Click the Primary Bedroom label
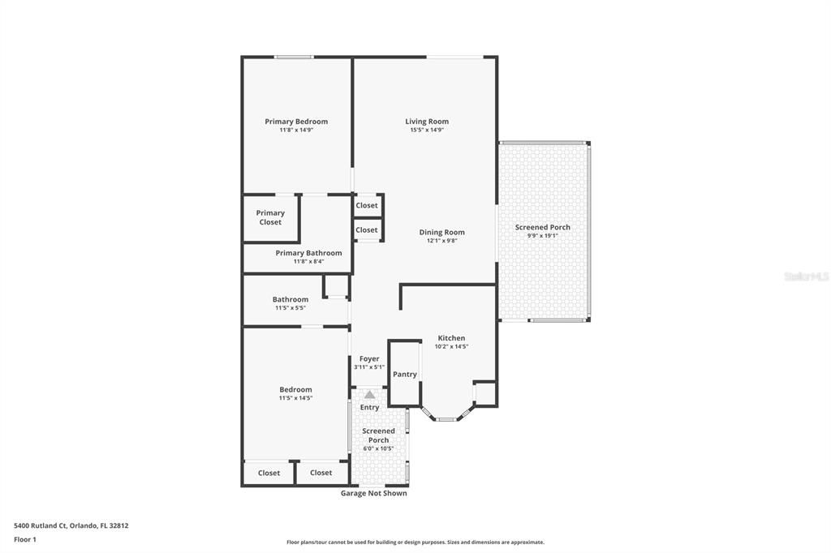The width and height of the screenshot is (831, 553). (x=296, y=122)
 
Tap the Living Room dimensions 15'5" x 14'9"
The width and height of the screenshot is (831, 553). (x=427, y=130)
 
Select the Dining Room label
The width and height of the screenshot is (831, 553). (x=441, y=232)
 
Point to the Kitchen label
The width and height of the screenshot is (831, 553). (x=451, y=338)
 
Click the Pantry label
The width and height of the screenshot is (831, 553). (x=404, y=375)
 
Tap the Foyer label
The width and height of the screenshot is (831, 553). (x=369, y=358)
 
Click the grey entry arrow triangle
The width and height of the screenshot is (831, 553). (x=369, y=394)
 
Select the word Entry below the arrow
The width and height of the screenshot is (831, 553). (x=369, y=407)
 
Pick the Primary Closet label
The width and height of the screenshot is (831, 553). (x=270, y=217)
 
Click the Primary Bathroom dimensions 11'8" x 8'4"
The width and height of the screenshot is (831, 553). (x=308, y=261)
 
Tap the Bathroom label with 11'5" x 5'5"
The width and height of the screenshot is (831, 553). (x=290, y=299)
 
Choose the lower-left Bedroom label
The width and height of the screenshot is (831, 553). (x=295, y=389)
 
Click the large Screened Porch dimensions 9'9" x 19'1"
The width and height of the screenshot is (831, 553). (x=542, y=236)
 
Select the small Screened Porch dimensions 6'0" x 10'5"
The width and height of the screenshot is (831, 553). (x=378, y=448)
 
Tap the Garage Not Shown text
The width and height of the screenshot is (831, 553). (x=373, y=493)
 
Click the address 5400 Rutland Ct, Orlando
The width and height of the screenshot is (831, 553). (x=71, y=525)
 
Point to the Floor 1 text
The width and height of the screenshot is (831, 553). (x=25, y=539)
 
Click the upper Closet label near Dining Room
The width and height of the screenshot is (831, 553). (x=367, y=205)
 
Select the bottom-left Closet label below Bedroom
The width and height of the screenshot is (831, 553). (x=269, y=473)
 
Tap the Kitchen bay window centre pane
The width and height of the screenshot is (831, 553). (x=446, y=419)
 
